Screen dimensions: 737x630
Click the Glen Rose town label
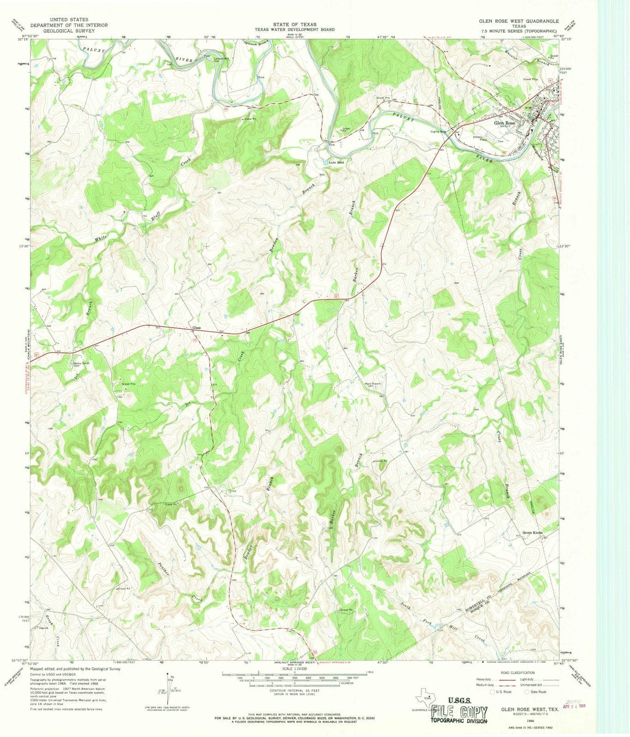(505, 123)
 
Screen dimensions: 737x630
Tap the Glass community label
(196, 328)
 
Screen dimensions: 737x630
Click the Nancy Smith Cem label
(82, 365)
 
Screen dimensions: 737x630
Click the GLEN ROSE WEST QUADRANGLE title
(518, 21)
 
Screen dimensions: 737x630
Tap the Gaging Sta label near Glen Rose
(438, 132)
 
